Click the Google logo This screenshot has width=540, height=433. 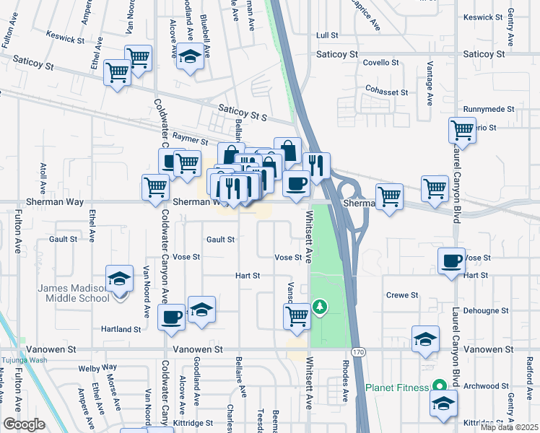click(24, 424)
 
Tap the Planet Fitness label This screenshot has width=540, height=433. click(397, 388)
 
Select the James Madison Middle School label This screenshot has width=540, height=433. click(74, 293)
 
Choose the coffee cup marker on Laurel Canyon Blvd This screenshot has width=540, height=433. click(452, 261)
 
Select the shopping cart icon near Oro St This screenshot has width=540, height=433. click(462, 131)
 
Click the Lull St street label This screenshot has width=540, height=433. click(328, 35)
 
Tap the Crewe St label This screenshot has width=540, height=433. click(403, 294)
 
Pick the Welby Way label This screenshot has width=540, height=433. click(101, 367)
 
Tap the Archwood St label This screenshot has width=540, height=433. click(484, 385)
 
